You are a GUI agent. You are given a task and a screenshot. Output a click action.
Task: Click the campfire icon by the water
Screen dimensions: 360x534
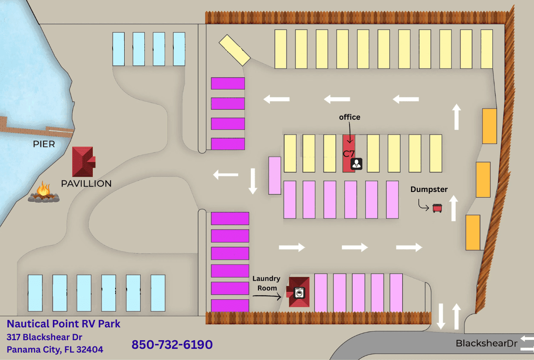(x=43, y=193)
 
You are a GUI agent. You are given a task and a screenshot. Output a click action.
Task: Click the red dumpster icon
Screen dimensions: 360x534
(x=437, y=208)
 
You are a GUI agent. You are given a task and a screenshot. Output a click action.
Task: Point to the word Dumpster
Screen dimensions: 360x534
(x=429, y=189)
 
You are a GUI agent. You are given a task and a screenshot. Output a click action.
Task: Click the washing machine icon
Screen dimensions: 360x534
(x=300, y=293)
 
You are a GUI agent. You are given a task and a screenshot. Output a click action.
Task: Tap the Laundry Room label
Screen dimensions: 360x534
(x=266, y=283)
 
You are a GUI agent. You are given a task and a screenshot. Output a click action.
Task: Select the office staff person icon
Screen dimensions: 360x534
(x=357, y=164)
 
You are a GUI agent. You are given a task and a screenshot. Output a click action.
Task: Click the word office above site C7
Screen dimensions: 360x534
(x=350, y=117)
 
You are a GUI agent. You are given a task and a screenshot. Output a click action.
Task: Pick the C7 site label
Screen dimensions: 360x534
(x=349, y=154)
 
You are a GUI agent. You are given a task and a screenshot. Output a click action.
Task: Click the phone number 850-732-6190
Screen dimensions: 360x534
(x=172, y=344)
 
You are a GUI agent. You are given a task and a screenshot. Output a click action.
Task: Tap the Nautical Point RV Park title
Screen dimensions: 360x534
(x=64, y=324)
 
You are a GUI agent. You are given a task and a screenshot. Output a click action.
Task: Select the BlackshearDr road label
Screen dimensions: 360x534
(x=486, y=343)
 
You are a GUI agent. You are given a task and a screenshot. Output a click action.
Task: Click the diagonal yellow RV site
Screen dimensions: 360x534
(x=234, y=50)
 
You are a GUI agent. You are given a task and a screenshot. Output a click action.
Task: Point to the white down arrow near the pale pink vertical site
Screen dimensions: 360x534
(x=253, y=181)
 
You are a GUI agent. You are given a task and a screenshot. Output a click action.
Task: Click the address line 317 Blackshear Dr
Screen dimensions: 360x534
(x=45, y=337)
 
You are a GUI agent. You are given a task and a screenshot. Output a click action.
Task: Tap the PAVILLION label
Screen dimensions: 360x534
(x=86, y=183)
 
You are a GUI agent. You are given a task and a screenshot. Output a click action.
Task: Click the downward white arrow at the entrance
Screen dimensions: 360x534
(x=441, y=316)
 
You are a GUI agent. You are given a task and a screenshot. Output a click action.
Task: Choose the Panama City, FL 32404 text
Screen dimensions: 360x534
(x=55, y=350)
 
